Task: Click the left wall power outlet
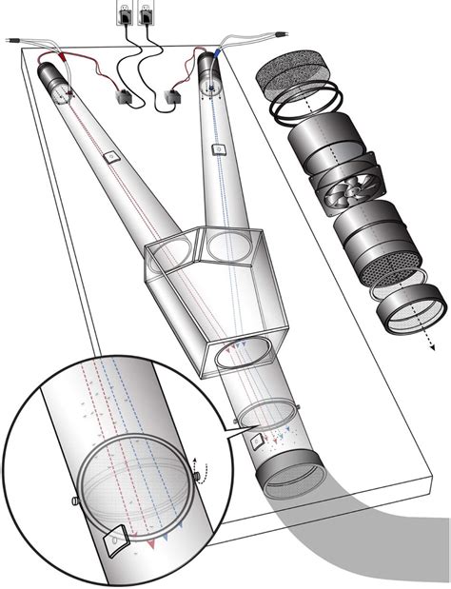[x=124, y=13]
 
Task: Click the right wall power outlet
[x=146, y=13]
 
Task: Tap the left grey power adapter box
[x=123, y=97]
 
